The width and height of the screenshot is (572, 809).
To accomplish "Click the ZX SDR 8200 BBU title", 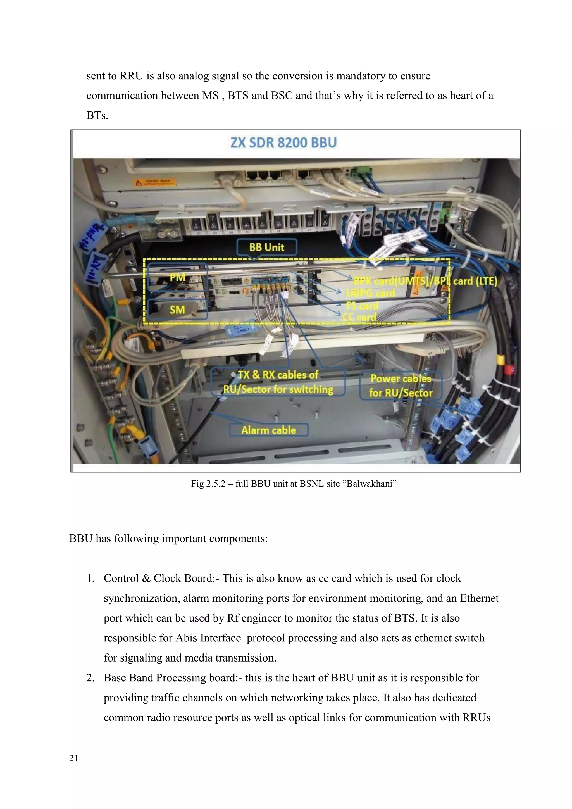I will coord(283,143).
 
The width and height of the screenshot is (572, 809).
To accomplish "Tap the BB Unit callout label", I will coord(267,247).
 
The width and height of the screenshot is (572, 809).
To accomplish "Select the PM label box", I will coord(177,278).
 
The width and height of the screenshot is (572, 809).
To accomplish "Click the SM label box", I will coord(177,310).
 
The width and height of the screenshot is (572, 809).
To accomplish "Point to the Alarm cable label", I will coord(268,430).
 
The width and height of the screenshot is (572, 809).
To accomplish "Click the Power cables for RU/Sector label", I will coord(401,386).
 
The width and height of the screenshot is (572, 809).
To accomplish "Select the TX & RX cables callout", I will coord(278,382).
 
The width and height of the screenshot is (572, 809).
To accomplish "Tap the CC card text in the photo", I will coord(359,317).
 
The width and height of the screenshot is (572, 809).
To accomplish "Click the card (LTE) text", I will coord(475,281).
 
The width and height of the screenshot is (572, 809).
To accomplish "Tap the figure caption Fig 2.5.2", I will coord(208,484).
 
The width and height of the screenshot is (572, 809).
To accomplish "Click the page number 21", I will coord(74,758).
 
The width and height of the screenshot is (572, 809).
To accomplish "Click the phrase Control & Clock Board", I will coord(158,579).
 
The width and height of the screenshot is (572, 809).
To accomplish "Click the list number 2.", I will coord(90,678).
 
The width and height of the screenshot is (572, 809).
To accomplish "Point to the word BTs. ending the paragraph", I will coord(97,116).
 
